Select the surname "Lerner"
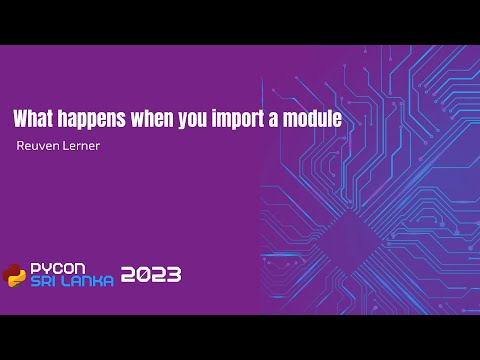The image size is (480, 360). (81, 147)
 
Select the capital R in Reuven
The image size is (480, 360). (21, 147)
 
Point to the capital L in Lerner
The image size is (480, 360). (65, 147)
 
